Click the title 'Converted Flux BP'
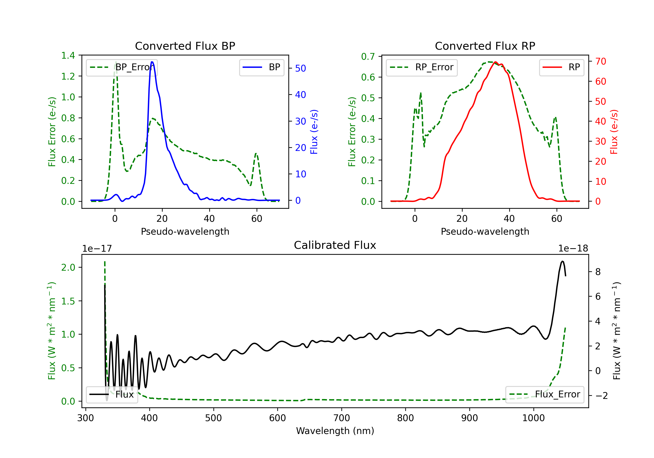coord(185,46)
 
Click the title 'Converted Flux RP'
coord(485,46)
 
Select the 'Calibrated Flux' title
coord(335,245)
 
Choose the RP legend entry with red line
coord(561,67)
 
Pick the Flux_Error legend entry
coord(545,395)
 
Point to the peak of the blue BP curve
coord(152,62)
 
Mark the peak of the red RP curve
coord(495,62)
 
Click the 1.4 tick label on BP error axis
coord(68,56)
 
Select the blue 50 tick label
coord(300,68)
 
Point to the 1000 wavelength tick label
coord(533,418)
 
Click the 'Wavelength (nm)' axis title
coord(335,431)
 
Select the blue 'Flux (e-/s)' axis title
coord(314,132)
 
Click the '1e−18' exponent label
coord(573,249)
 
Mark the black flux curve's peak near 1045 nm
coord(562,261)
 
